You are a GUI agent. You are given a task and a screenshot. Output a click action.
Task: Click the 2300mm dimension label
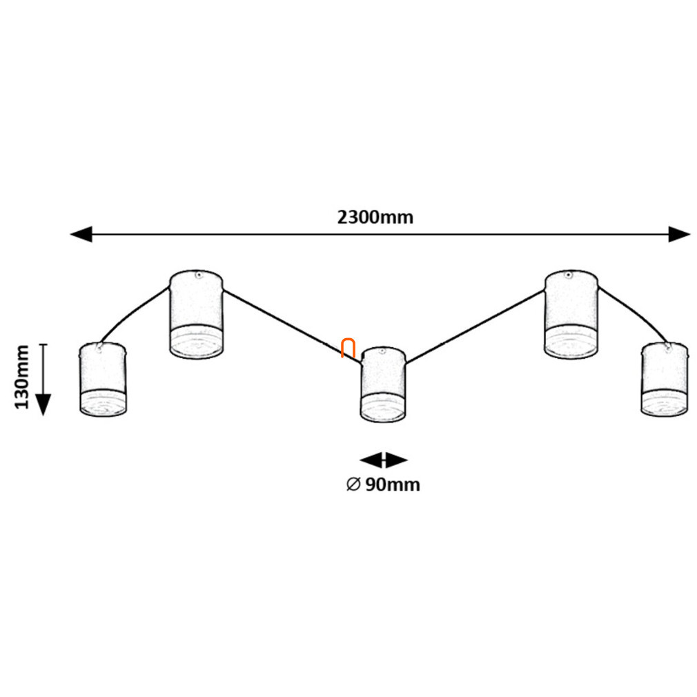click(x=375, y=217)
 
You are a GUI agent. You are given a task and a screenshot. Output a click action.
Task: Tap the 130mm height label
click(x=22, y=377)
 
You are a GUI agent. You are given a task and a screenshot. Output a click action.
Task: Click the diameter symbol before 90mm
click(x=353, y=484)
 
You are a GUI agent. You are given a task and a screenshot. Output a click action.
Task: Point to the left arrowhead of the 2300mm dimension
click(x=81, y=234)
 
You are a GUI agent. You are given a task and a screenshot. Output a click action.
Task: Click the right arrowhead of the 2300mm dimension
click(x=680, y=234)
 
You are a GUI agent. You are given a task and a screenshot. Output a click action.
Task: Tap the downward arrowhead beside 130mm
click(x=43, y=404)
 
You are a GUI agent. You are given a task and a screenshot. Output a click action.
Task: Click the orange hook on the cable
click(x=348, y=348)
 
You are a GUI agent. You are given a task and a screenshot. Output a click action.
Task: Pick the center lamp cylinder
click(x=383, y=384)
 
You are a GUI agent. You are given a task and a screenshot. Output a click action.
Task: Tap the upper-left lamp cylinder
click(x=196, y=314)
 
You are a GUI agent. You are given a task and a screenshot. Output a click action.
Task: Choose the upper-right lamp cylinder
click(x=571, y=314)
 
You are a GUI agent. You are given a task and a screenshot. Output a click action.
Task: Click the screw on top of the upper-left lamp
click(x=199, y=275)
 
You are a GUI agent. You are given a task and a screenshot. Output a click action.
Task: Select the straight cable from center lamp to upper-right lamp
click(x=475, y=327)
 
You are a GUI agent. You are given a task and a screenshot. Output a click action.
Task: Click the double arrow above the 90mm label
click(x=383, y=460)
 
